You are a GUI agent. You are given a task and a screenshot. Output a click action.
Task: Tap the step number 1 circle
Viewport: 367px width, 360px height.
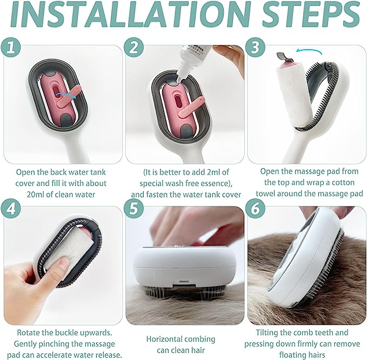click(11, 47)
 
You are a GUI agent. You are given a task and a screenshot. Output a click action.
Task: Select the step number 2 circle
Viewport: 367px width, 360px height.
click(134, 47)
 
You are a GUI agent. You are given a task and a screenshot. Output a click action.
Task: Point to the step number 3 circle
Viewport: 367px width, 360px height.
click(255, 47)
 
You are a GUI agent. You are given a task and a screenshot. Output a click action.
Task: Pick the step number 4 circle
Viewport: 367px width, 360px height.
click(11, 209)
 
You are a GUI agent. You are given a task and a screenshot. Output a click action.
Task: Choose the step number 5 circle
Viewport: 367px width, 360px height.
click(134, 209)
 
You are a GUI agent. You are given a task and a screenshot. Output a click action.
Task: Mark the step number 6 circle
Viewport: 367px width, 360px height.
click(255, 209)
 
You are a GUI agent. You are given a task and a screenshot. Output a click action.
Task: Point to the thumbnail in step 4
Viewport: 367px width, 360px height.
click(64, 264)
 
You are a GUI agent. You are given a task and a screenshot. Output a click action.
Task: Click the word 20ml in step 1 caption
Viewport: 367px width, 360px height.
click(35, 194)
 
